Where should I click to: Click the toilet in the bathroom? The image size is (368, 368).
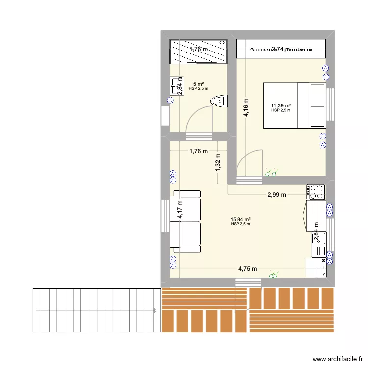tap(219, 102)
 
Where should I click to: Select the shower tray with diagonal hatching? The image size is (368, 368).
tap(199, 52)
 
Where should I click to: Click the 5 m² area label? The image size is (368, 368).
tap(198, 84)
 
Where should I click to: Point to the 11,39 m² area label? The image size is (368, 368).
tap(281, 105)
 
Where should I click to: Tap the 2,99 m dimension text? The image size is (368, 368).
tap(277, 195)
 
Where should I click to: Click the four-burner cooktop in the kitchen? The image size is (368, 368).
tap(315, 191)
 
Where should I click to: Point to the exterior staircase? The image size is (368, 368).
tap(96, 311)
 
